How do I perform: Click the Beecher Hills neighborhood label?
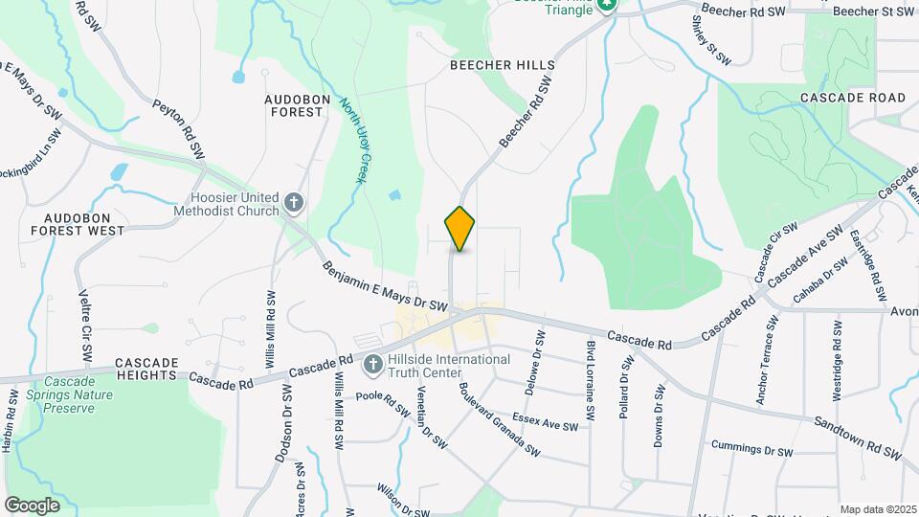click(x=503, y=65)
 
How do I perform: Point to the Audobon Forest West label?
click(x=77, y=224)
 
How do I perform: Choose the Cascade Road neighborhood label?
click(x=852, y=99)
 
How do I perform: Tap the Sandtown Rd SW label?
click(x=858, y=437)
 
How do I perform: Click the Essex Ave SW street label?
click(x=545, y=421)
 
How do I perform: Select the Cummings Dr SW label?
click(x=752, y=449)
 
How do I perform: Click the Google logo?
click(x=32, y=505)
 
